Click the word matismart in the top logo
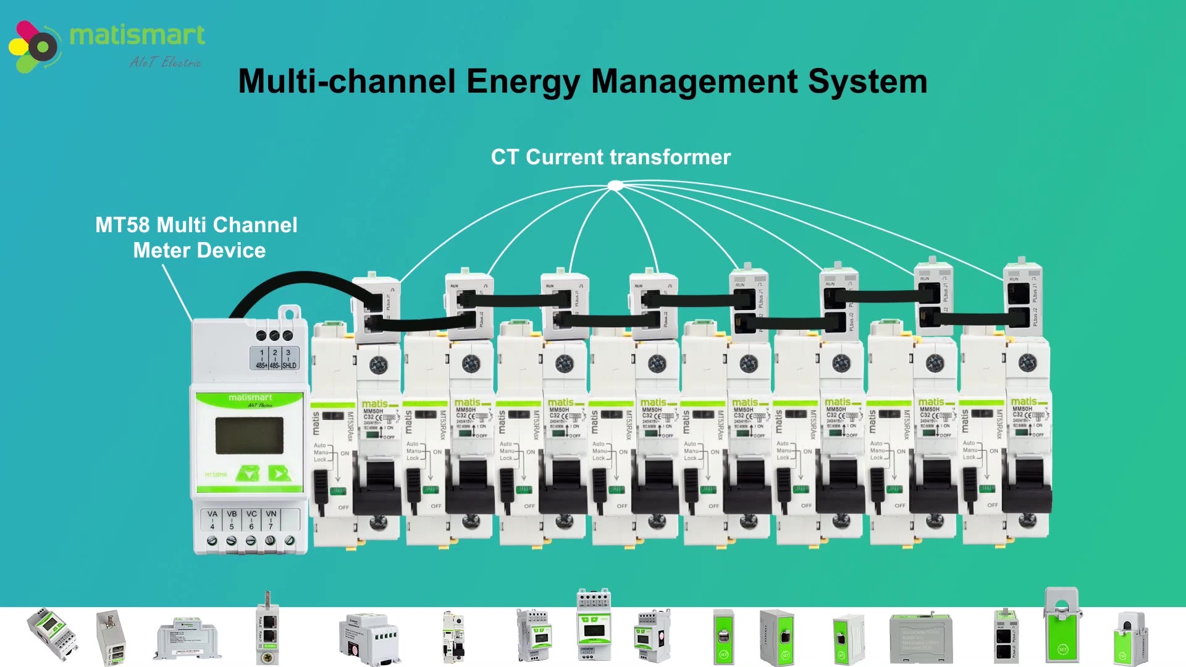137,36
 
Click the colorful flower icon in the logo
34,46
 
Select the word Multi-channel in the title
347,82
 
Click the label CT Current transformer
610,157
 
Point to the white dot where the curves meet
615,185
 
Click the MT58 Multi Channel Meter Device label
196,238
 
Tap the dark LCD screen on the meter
249,435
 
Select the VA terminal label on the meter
212,514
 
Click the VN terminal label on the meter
271,514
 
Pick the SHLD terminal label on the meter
289,366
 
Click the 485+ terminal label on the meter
262,366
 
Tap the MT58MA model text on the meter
216,475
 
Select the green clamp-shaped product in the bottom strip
1062,627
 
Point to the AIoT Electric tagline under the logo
165,62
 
